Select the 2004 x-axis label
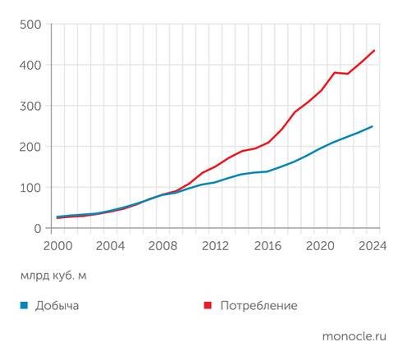(x=110, y=244)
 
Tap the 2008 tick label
(x=162, y=244)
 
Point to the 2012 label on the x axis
(x=215, y=244)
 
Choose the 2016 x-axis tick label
(x=268, y=244)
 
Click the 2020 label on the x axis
(x=320, y=244)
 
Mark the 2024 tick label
(x=372, y=244)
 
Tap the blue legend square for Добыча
(x=25, y=306)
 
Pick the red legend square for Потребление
(x=208, y=306)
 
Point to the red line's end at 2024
(x=373, y=51)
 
